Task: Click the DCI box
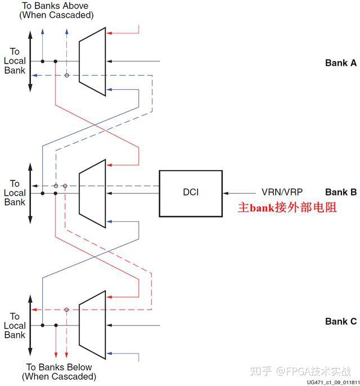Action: [191, 193]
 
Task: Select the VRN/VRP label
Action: [281, 192]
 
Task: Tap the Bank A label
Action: [340, 63]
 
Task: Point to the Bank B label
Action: [340, 192]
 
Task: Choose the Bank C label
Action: [340, 321]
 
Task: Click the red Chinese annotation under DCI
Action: [287, 207]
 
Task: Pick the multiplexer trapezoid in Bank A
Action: [92, 60]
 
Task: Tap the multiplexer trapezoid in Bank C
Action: [92, 325]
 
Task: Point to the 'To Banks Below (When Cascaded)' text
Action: [58, 371]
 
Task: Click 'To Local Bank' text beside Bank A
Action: [15, 61]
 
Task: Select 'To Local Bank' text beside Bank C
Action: [15, 325]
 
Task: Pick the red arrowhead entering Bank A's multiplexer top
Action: [110, 33]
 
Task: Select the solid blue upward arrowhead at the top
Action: [42, 28]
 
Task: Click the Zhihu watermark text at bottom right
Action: [301, 371]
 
